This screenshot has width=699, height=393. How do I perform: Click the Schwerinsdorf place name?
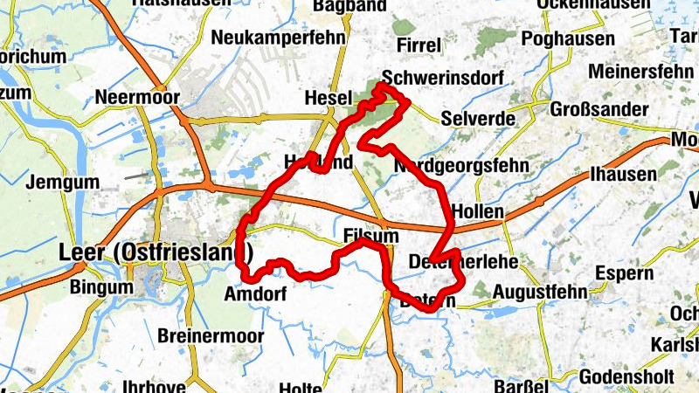tap(443, 79)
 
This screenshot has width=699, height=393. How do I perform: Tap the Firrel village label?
tap(417, 45)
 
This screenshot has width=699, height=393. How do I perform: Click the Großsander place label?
tap(599, 110)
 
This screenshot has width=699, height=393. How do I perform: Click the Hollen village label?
tap(478, 211)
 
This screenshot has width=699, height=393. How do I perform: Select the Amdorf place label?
tap(254, 293)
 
